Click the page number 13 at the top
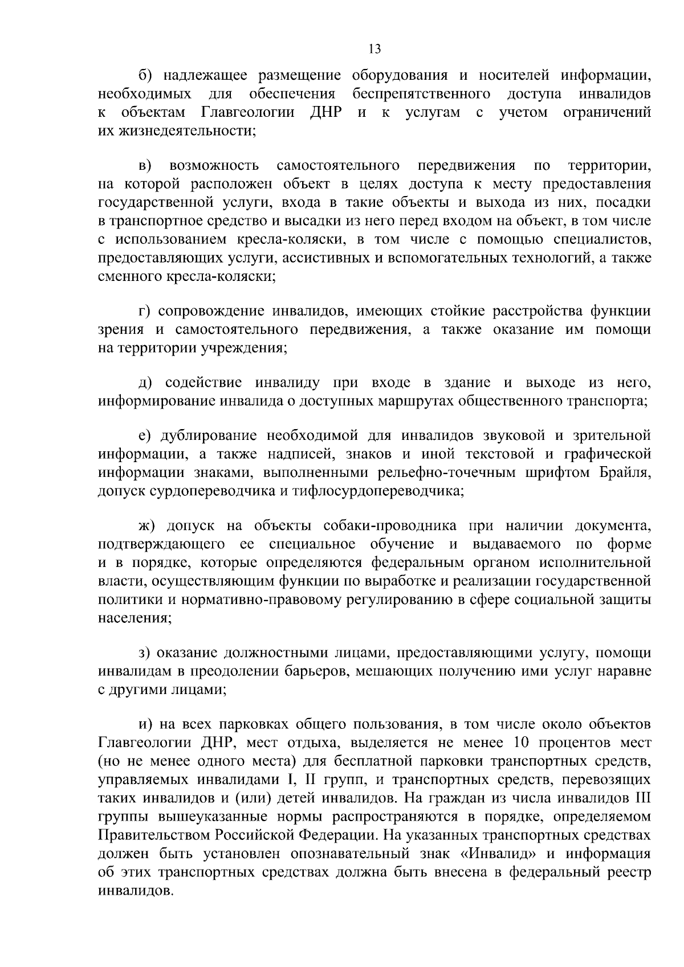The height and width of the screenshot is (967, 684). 374,49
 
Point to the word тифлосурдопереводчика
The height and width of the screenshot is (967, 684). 377,491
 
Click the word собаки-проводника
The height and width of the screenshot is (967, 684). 390,525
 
